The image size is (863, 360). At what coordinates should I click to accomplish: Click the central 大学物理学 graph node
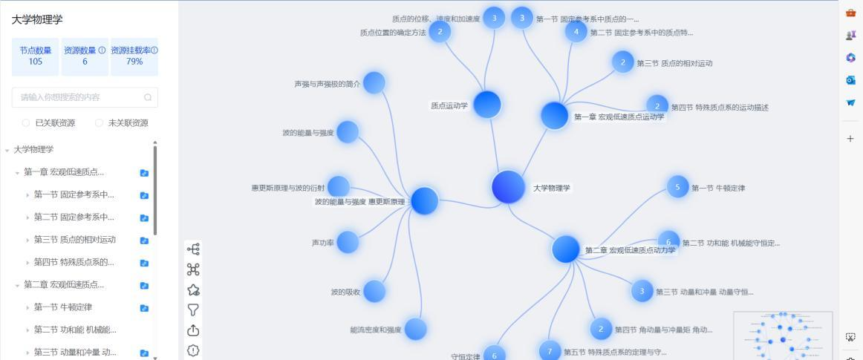point(508,187)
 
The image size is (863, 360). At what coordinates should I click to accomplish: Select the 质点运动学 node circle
point(486,105)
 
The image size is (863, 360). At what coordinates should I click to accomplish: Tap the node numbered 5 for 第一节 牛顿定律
point(677,187)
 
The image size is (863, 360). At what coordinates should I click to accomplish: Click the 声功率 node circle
point(347,242)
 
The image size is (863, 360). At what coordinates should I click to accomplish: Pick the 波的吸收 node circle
point(374,291)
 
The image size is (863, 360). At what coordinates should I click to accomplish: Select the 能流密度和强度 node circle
point(415,329)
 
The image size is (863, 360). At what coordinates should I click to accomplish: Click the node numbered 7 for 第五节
point(550,351)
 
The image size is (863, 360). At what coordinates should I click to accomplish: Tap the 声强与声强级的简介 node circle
point(374,83)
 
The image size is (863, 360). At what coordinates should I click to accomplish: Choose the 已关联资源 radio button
point(26,123)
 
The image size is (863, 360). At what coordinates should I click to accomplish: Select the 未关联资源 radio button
point(99,123)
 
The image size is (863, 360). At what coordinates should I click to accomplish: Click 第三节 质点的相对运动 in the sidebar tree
point(74,240)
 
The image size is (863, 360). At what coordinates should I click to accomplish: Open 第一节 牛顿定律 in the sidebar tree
point(70,307)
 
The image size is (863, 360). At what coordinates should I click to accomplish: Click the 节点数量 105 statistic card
point(36,56)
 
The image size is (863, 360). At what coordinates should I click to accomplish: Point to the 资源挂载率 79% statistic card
point(134,56)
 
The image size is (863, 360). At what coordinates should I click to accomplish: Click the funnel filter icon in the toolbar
point(193,310)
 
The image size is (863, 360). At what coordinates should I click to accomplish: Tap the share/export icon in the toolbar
point(193,330)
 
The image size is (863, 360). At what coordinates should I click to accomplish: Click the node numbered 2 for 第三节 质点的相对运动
point(622,62)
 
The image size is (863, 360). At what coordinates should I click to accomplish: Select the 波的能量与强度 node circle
point(347,132)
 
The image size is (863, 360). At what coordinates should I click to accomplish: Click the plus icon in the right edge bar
point(850,138)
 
